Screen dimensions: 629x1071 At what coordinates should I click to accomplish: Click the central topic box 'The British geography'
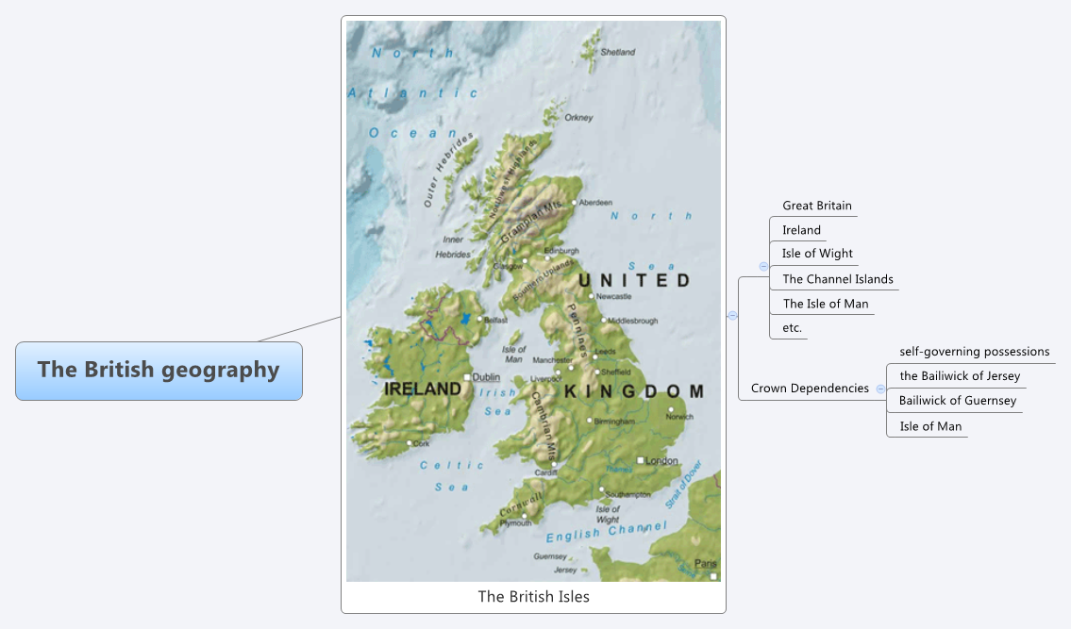pyautogui.click(x=159, y=370)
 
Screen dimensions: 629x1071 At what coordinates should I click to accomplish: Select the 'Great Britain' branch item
pyautogui.click(x=816, y=206)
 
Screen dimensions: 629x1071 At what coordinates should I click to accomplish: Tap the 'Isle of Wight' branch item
pyautogui.click(x=817, y=254)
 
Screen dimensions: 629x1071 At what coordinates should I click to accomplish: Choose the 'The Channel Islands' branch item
pyautogui.click(x=837, y=279)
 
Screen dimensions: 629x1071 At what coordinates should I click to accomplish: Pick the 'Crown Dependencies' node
pyautogui.click(x=810, y=389)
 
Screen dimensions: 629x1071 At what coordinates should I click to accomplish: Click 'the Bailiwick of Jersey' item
pyautogui.click(x=960, y=376)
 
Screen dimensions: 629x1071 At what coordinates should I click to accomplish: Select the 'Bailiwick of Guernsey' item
pyautogui.click(x=958, y=401)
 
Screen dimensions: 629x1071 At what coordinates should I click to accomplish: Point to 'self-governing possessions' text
pyautogui.click(x=974, y=352)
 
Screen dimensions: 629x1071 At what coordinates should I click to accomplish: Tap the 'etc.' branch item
pyautogui.click(x=792, y=328)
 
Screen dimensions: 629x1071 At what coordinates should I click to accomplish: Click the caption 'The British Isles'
pyautogui.click(x=533, y=596)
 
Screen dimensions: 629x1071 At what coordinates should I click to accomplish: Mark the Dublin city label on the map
pyautogui.click(x=486, y=377)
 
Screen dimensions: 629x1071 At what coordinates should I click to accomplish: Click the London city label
pyautogui.click(x=661, y=461)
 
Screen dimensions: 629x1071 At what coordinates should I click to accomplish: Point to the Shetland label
pyautogui.click(x=618, y=53)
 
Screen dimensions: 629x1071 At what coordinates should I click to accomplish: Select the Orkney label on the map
pyautogui.click(x=578, y=118)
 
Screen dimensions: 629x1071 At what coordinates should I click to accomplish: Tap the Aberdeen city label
pyautogui.click(x=595, y=203)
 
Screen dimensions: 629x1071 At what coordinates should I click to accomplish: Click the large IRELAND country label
pyautogui.click(x=423, y=389)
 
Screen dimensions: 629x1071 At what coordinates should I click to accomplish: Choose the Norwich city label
pyautogui.click(x=679, y=417)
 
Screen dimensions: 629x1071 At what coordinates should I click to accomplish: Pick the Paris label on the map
pyautogui.click(x=705, y=564)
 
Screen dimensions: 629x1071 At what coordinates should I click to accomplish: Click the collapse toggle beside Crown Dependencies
pyautogui.click(x=880, y=389)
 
